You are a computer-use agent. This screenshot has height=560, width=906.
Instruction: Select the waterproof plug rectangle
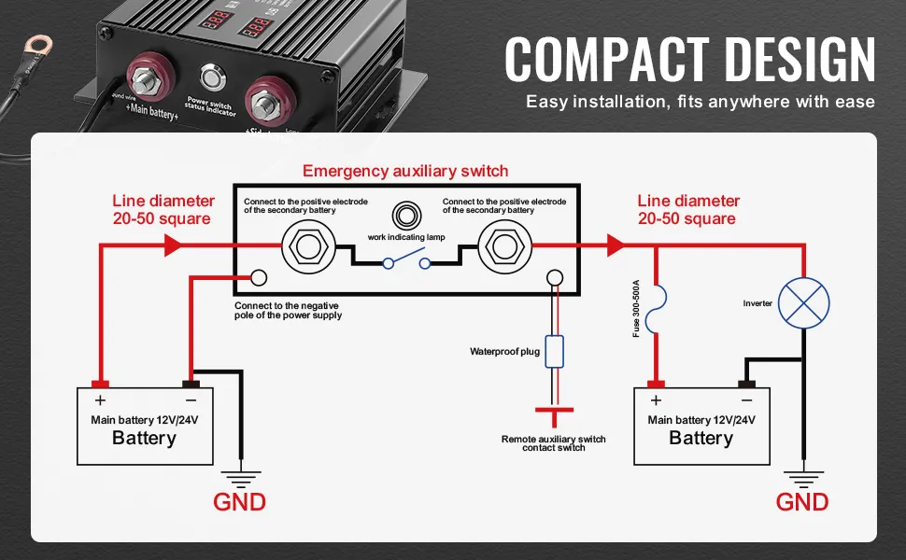(x=554, y=351)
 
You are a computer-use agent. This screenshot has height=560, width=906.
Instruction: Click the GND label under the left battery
(x=239, y=502)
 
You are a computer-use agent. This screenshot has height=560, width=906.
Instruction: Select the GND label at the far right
(x=802, y=502)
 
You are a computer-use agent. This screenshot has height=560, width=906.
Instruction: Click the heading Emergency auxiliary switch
(x=405, y=171)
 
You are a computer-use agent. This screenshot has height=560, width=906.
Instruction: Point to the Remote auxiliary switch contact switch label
(x=554, y=443)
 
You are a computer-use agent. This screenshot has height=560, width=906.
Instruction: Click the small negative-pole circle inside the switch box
(x=258, y=278)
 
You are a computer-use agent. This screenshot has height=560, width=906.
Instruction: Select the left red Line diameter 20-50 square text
(x=163, y=210)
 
